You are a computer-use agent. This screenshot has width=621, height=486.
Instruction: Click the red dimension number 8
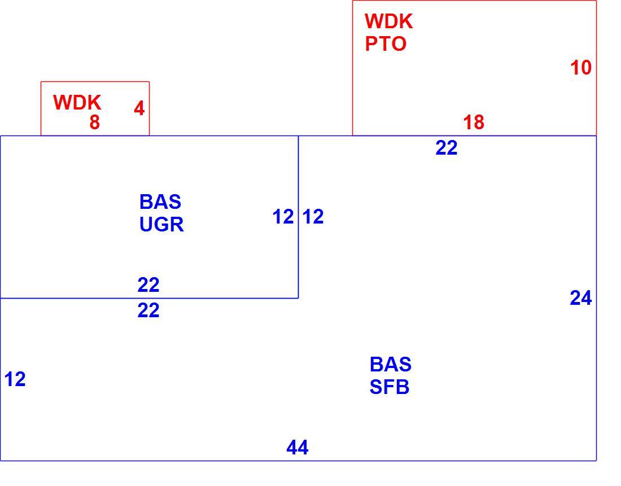coord(95,122)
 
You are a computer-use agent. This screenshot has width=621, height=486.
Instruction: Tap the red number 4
coord(139,108)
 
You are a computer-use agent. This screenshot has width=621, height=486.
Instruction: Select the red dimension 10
coord(581,68)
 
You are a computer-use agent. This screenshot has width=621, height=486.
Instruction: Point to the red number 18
coord(474,122)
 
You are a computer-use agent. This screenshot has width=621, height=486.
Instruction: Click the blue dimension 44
coord(298,448)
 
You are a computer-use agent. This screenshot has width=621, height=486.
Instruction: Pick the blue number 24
coord(581,298)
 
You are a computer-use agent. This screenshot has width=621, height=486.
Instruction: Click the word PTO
coord(386,44)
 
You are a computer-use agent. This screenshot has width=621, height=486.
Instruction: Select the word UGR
coord(161,225)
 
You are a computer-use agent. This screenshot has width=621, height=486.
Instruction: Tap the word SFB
coord(390,387)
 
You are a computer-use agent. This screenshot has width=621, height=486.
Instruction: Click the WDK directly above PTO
coord(389,21)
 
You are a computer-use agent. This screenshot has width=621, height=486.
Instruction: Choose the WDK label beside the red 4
coord(77,103)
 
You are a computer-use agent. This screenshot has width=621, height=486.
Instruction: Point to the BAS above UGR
coord(160,202)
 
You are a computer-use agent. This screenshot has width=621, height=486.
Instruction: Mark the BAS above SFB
coord(391,365)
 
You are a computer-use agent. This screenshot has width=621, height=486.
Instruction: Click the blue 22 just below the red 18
coord(447,148)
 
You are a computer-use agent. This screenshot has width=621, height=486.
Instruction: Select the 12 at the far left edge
coord(15,379)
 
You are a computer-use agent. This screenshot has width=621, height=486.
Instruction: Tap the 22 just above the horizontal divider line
coord(148,285)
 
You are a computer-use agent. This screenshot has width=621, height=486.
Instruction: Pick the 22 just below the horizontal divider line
coord(148,310)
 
